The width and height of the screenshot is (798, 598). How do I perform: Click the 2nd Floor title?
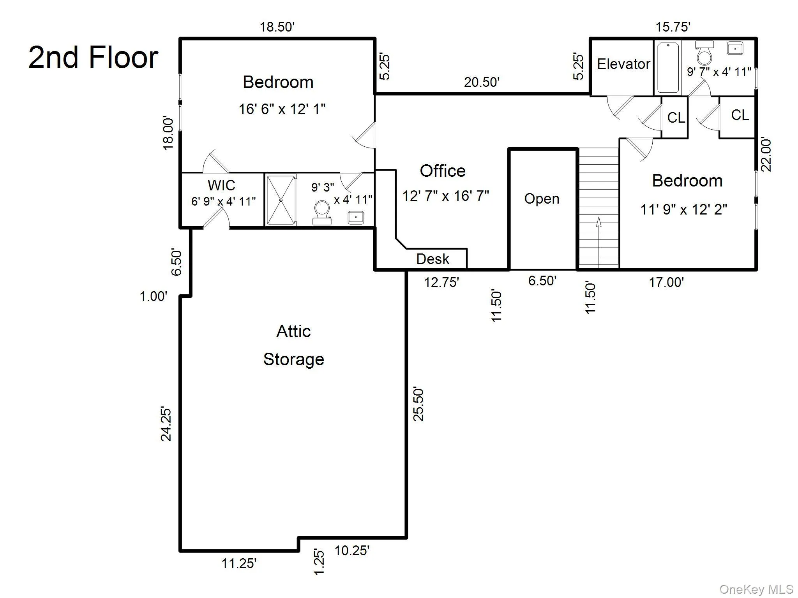94,57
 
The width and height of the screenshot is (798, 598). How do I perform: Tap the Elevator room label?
623,64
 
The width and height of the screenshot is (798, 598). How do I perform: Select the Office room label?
443,171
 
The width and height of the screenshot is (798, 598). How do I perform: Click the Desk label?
433,259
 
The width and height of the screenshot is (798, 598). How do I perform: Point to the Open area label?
542,199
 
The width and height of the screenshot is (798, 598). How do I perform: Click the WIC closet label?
221,185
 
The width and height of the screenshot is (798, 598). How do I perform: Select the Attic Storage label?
293,345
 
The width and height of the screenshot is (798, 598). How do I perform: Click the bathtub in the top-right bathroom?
668,68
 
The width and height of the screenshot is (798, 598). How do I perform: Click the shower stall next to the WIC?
281,200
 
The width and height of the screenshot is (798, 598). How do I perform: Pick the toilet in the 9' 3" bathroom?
322,211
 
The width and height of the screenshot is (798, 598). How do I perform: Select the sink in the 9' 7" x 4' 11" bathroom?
734,49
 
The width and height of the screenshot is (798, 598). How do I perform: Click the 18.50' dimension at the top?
277,27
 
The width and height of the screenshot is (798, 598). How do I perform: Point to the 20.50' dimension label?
482,82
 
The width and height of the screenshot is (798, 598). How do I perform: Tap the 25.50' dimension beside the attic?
418,404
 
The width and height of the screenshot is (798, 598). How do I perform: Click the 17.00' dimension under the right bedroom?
666,282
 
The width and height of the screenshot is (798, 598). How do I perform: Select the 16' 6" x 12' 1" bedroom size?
282,109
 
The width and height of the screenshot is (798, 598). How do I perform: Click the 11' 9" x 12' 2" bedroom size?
684,210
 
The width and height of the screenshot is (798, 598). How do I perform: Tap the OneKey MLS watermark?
756,589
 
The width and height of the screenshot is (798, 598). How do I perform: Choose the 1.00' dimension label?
154,297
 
